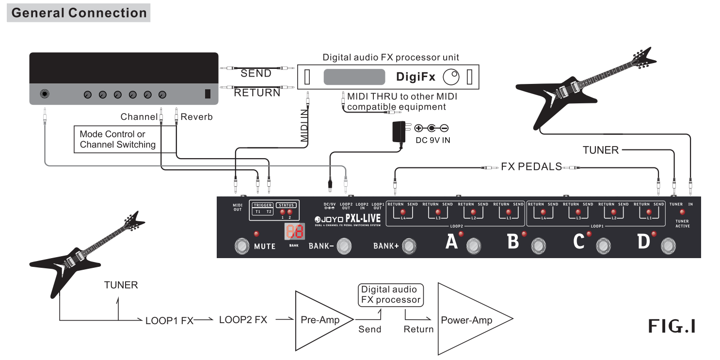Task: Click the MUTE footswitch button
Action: tap(241, 246)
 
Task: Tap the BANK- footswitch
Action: tap(344, 246)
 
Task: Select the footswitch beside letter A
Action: tap(474, 246)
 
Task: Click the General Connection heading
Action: tap(79, 13)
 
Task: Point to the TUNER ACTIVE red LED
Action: tap(682, 212)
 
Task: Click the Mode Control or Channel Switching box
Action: tap(117, 139)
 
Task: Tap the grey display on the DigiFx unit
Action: tap(354, 77)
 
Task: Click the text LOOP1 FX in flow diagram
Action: tap(169, 320)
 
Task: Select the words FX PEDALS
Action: tap(531, 167)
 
